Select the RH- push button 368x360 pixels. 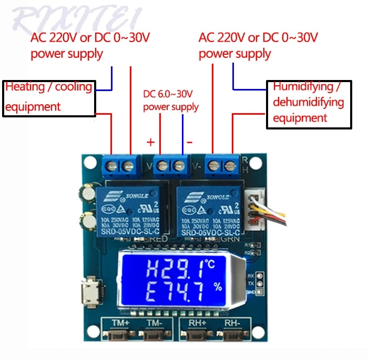click(232, 335)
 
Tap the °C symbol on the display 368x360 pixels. click(210, 263)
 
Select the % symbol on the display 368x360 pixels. click(217, 287)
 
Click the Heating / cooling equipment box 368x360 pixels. click(49, 97)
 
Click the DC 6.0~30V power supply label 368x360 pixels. click(171, 101)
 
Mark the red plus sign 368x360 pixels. click(150, 142)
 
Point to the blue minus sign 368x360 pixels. click(189, 142)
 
